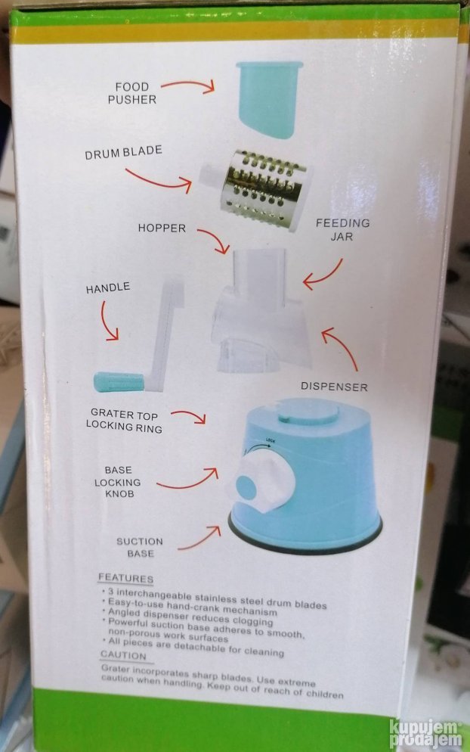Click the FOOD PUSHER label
(131, 93)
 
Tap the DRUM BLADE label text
(124, 153)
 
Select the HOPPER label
(162, 228)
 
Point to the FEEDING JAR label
(342, 230)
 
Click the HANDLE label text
(108, 287)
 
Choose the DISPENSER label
(334, 387)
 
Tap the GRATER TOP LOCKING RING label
(124, 421)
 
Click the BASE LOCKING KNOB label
(118, 482)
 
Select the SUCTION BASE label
(140, 547)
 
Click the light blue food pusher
(270, 99)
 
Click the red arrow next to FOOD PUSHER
(189, 85)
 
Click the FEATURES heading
(125, 578)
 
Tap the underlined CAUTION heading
(123, 655)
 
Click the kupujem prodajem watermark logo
(425, 733)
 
